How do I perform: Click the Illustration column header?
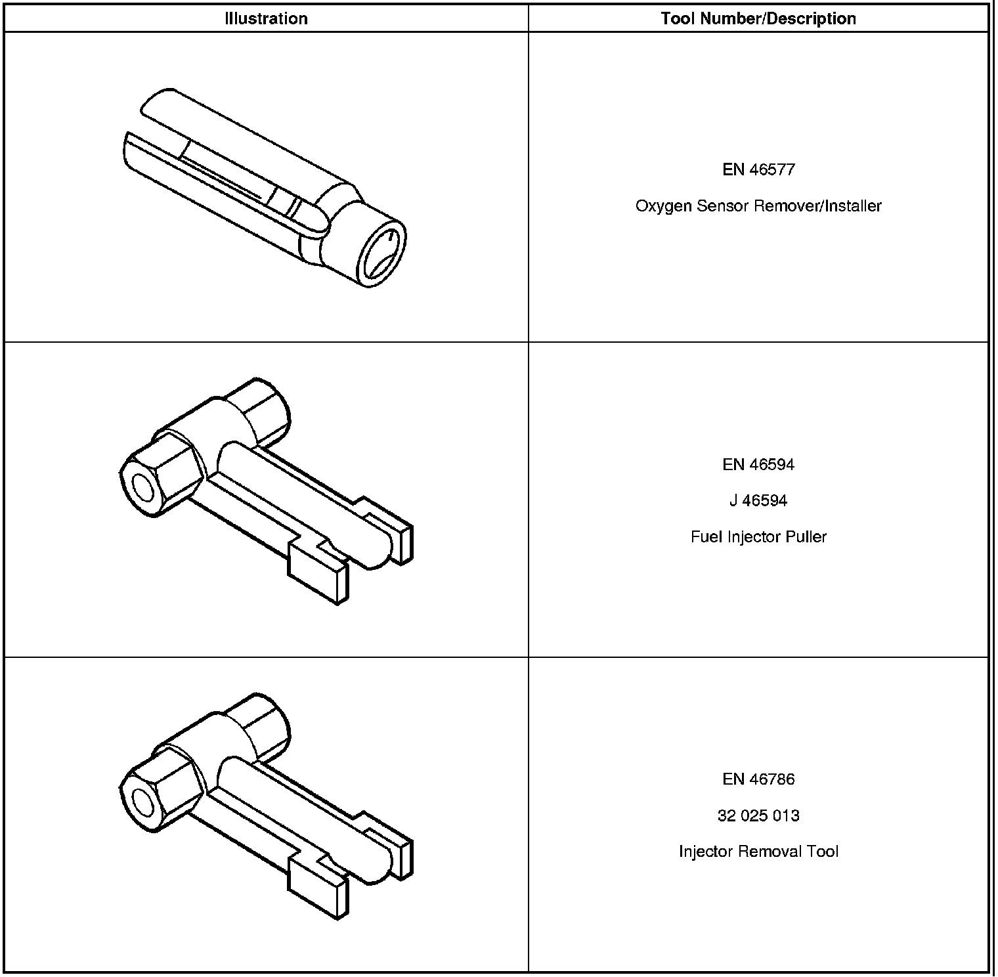[266, 18]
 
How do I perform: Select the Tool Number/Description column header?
[758, 18]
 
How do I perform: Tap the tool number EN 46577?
[758, 170]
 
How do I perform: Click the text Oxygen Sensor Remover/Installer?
[758, 206]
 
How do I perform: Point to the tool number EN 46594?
[758, 465]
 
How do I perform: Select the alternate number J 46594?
[758, 501]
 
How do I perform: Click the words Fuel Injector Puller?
[758, 537]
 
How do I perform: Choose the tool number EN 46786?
[758, 779]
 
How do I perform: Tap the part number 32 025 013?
[758, 816]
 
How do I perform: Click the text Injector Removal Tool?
[758, 852]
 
